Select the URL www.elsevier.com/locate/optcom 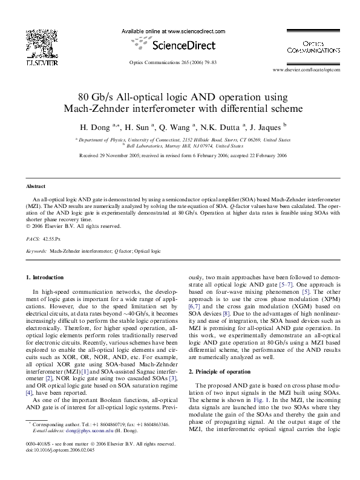point(306,70)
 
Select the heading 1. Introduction point(45,277)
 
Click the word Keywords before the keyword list point(37,250)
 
